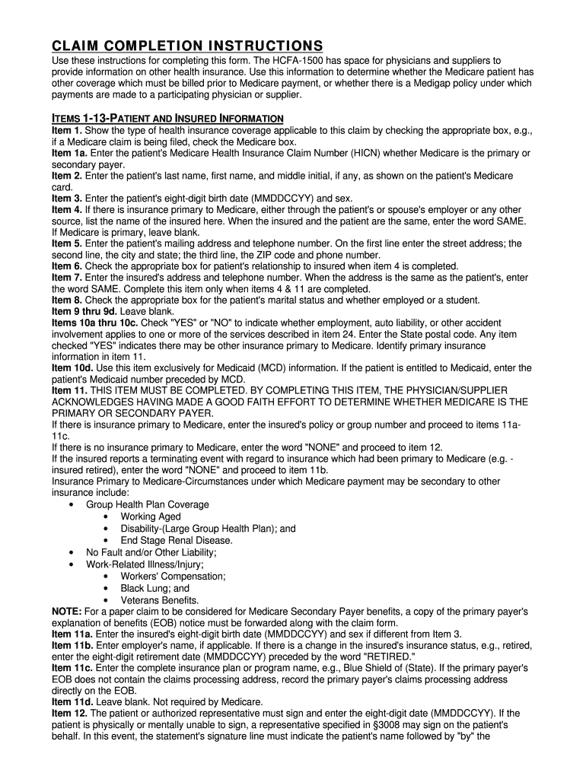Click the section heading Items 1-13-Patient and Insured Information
(x=167, y=118)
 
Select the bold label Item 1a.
(x=68, y=154)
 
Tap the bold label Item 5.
(x=66, y=243)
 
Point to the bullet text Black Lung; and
(x=155, y=588)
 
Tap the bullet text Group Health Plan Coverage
(x=147, y=504)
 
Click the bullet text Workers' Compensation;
(x=173, y=577)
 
